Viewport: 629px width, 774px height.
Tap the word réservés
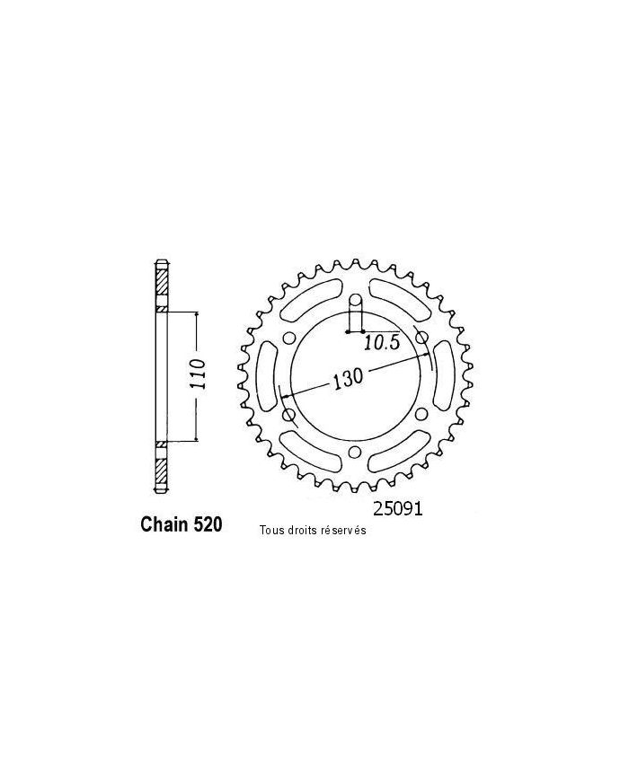[x=342, y=531]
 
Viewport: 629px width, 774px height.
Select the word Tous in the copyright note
[x=270, y=531]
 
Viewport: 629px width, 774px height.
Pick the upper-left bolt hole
[x=288, y=338]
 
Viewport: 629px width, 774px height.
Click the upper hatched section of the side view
[x=161, y=286]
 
